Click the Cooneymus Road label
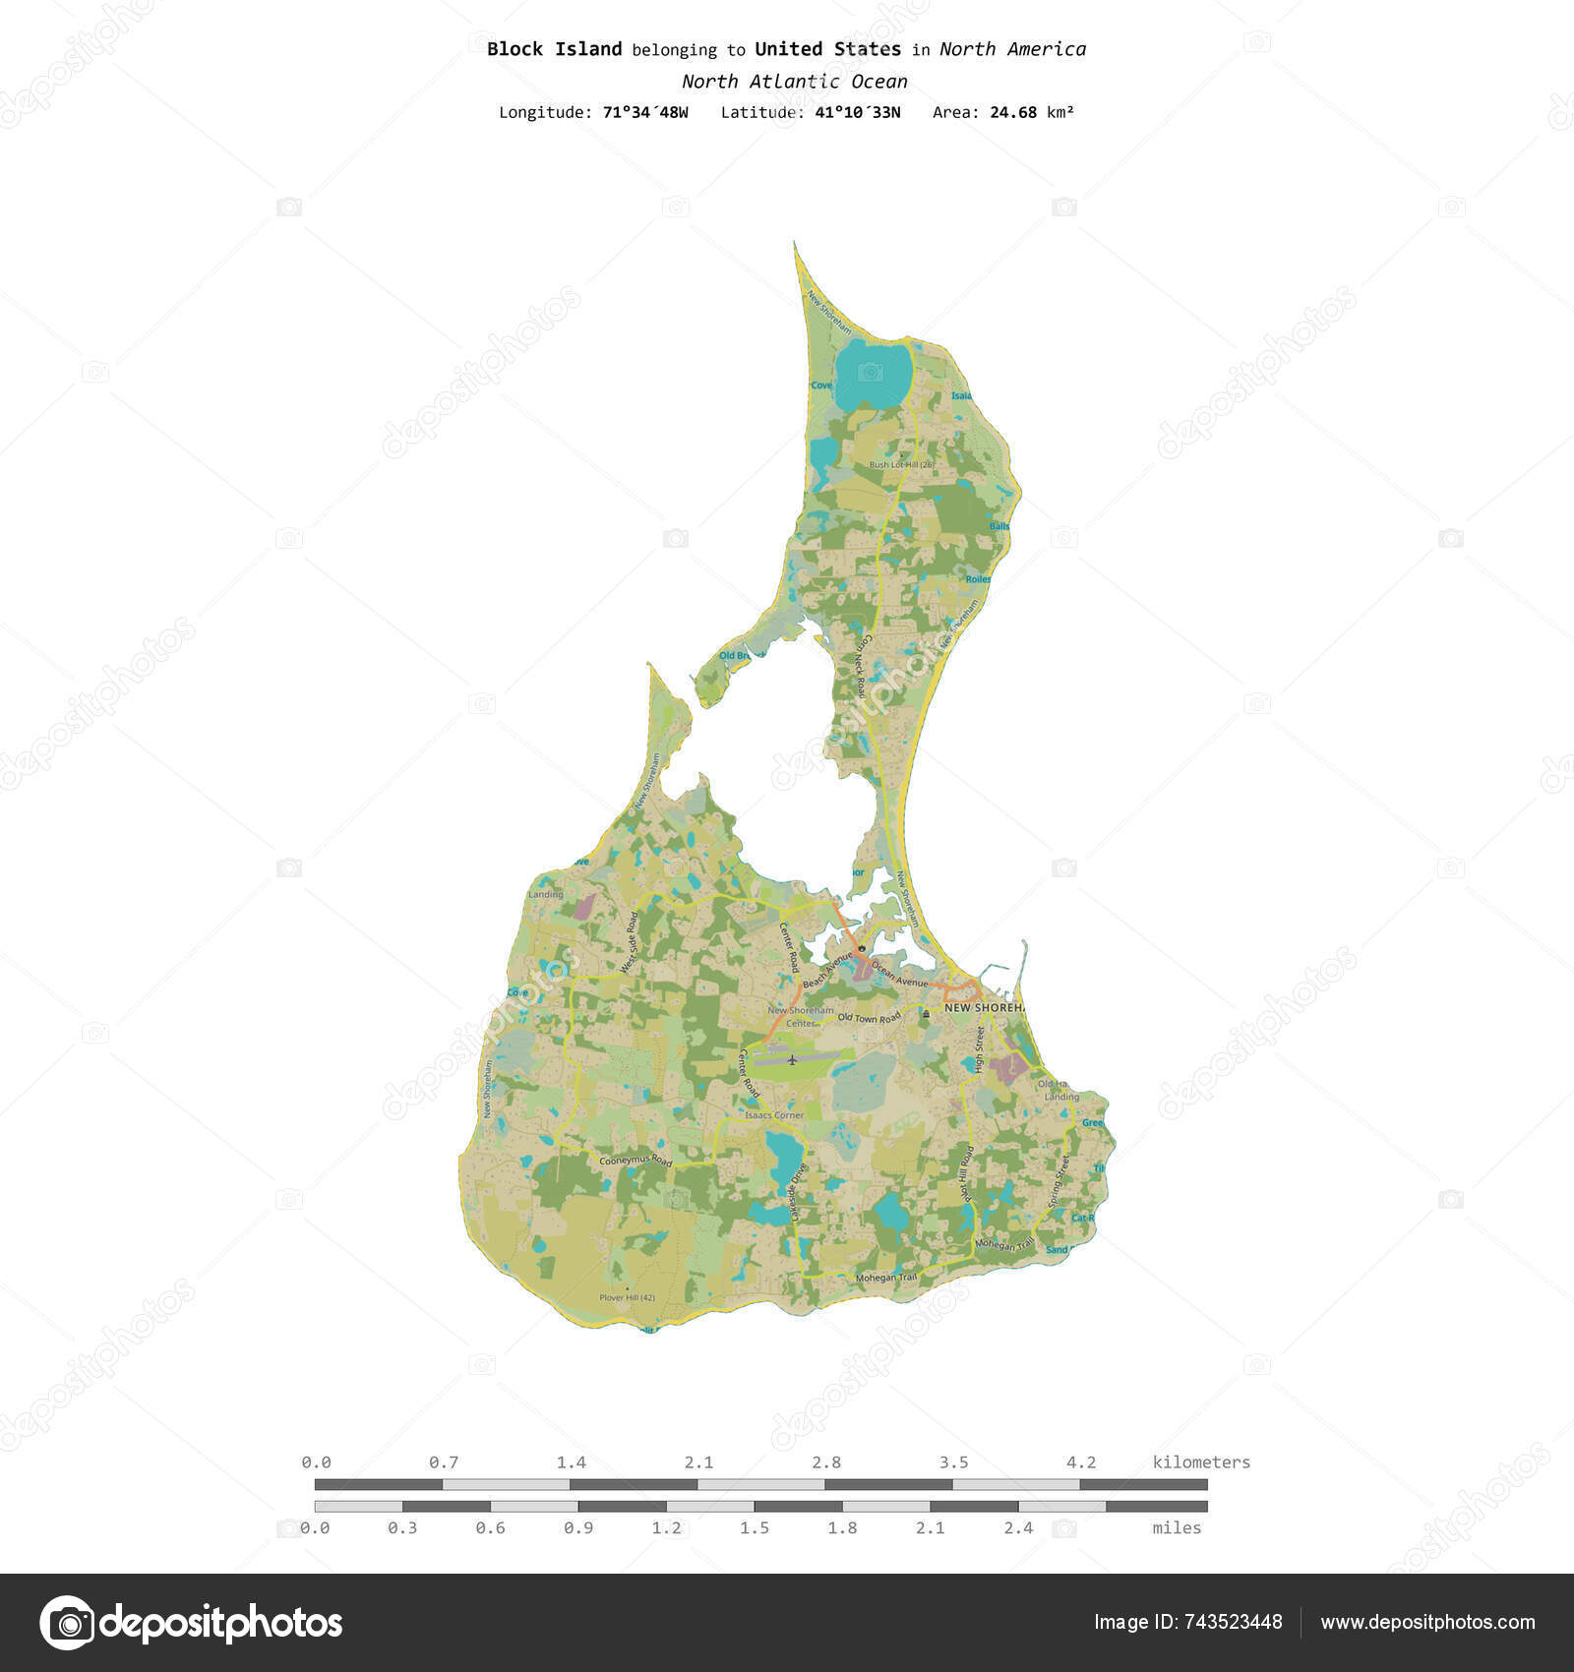coord(636,1162)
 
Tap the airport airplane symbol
coord(792,1060)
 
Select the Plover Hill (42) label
coord(627,1297)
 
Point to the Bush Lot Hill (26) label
coord(900,464)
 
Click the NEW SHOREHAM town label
coord(984,1008)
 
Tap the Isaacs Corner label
coord(774,1115)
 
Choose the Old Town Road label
coord(869,1018)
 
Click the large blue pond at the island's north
coord(873,375)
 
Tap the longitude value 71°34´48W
coord(645,112)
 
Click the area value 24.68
coord(1013,112)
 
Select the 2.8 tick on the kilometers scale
coord(825,1463)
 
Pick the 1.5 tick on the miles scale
coord(755,1527)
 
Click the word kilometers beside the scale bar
coord(1201,1463)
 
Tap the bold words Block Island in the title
coord(554,49)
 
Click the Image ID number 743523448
coord(1237,1622)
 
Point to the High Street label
coord(980,1049)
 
